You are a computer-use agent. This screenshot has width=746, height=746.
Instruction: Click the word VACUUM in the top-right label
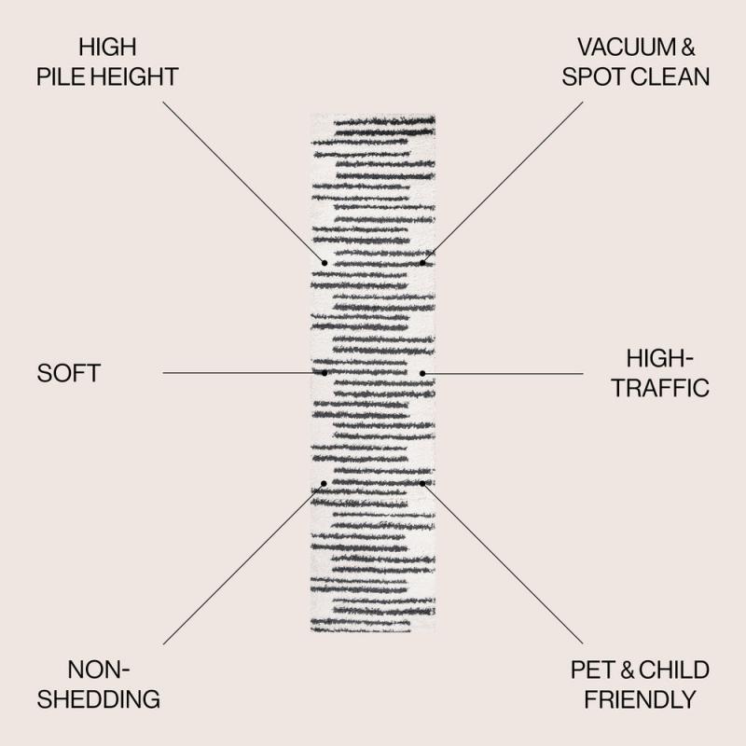pyautogui.click(x=627, y=48)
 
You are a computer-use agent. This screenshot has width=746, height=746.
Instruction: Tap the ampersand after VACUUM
pyautogui.click(x=688, y=48)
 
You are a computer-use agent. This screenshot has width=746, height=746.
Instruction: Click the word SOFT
pyautogui.click(x=68, y=373)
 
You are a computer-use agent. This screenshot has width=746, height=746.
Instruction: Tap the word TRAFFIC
pyautogui.click(x=660, y=388)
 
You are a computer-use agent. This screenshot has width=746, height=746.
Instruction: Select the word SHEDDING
pyautogui.click(x=99, y=698)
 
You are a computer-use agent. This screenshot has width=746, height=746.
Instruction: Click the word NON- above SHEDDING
pyautogui.click(x=99, y=670)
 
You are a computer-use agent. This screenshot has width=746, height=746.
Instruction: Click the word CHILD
pyautogui.click(x=673, y=670)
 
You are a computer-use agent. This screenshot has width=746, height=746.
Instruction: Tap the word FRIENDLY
pyautogui.click(x=640, y=699)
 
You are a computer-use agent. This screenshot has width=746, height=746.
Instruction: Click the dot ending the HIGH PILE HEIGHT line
pyautogui.click(x=325, y=263)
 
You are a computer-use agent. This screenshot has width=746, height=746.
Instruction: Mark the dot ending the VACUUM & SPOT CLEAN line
pyautogui.click(x=422, y=263)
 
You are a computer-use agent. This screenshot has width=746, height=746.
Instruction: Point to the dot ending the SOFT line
pyautogui.click(x=325, y=373)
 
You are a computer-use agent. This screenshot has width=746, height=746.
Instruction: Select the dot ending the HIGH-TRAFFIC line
pyautogui.click(x=422, y=374)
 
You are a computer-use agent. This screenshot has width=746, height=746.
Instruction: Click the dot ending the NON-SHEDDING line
pyautogui.click(x=324, y=483)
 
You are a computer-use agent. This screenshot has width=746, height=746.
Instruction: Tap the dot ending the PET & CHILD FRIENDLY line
pyautogui.click(x=422, y=483)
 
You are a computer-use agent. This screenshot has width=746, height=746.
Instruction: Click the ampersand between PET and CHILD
pyautogui.click(x=627, y=670)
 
